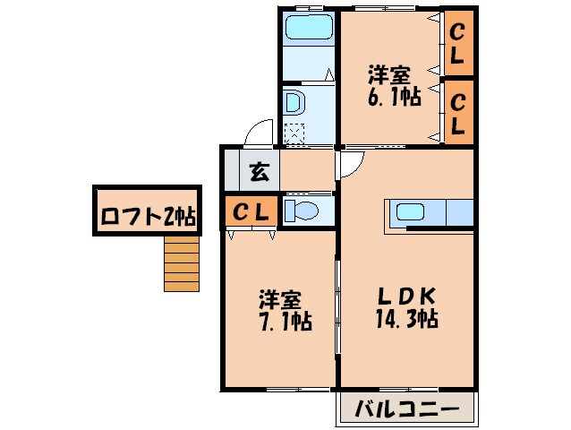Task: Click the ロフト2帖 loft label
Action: pyautogui.click(x=148, y=216)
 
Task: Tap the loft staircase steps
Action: pyautogui.click(x=181, y=264)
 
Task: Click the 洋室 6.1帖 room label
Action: pyautogui.click(x=394, y=85)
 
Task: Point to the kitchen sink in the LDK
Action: pyautogui.click(x=411, y=213)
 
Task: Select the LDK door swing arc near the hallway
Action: pyautogui.click(x=351, y=163)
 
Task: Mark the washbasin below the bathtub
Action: pyautogui.click(x=293, y=101)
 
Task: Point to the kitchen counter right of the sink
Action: pyautogui.click(x=459, y=213)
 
